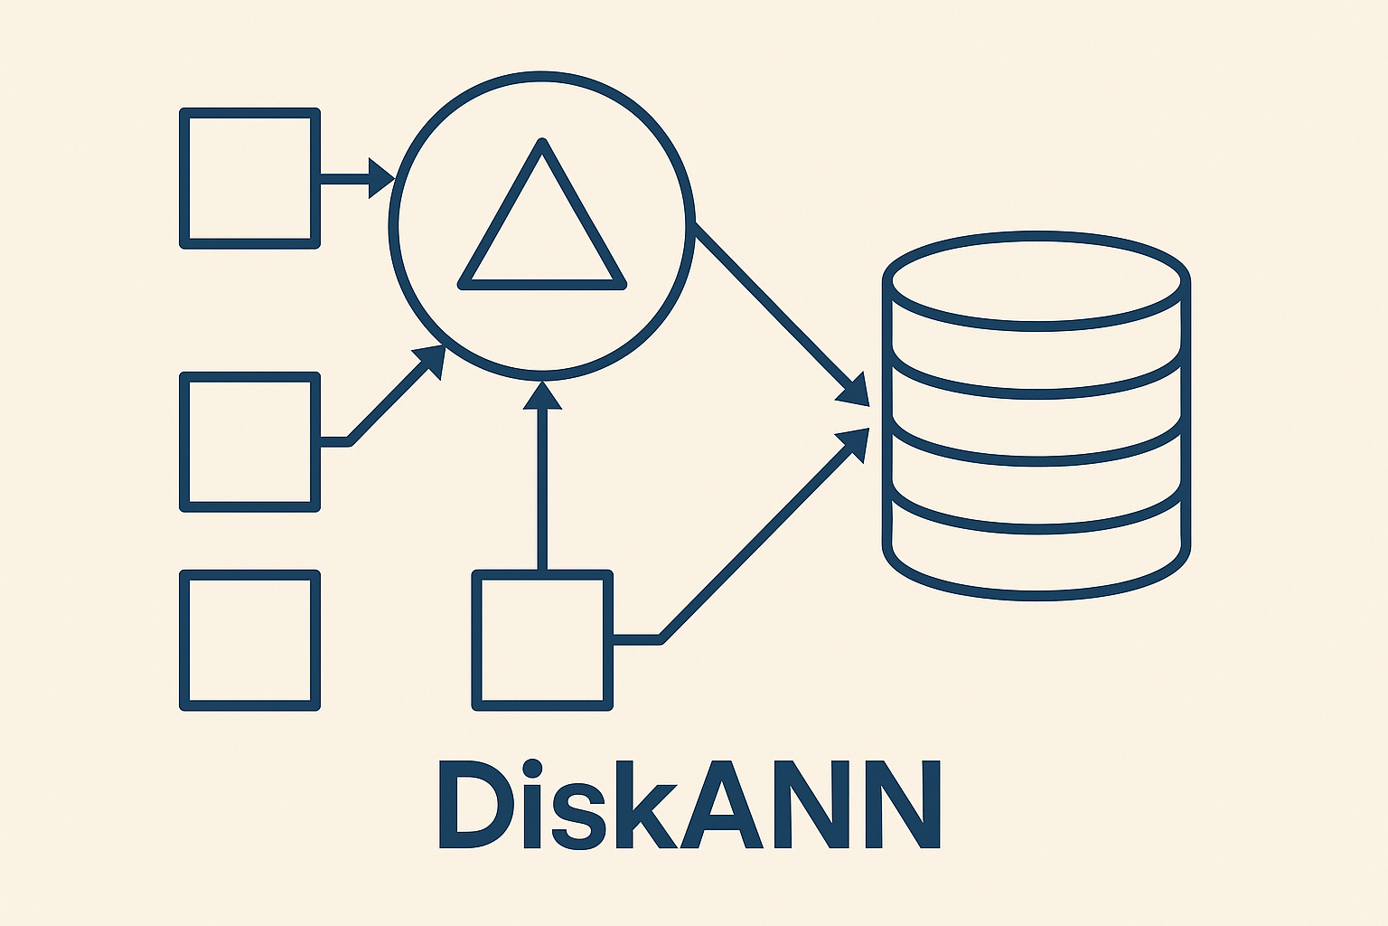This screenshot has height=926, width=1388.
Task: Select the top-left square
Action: (250, 178)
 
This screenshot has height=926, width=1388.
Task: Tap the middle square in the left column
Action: (250, 442)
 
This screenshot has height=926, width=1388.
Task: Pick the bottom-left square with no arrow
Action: (250, 640)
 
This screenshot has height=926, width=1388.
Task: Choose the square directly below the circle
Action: (542, 640)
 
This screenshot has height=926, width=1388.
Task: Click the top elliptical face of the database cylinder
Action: (1036, 280)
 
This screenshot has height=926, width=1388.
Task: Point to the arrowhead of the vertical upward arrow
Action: (542, 395)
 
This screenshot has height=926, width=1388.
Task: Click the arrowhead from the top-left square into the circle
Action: (381, 178)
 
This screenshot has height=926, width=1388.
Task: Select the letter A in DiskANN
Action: (723, 805)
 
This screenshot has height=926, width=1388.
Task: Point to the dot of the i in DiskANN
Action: (533, 770)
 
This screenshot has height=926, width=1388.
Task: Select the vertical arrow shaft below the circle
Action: (542, 488)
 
